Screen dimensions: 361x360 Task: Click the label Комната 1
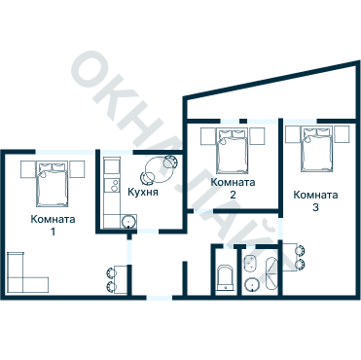coord(53,225)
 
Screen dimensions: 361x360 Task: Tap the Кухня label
coord(143,192)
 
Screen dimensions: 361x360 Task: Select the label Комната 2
coord(233,188)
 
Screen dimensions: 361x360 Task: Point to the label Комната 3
coord(315,201)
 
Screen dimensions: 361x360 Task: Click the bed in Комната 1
coord(53,185)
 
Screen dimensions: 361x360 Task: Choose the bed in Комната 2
coord(233,152)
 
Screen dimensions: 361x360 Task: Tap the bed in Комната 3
coord(317,150)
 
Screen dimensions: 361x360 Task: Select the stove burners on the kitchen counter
coord(114,186)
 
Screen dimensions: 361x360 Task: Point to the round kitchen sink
coord(128,222)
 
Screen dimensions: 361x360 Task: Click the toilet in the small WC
coord(225,278)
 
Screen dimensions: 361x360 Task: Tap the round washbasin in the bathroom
coord(252,284)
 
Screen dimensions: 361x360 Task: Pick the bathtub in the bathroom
coord(271,274)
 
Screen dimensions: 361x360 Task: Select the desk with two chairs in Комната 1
coord(117,279)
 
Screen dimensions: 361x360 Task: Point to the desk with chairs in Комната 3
coord(294,257)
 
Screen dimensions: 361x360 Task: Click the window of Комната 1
coord(65,152)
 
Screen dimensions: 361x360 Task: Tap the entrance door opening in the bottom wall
coord(160,298)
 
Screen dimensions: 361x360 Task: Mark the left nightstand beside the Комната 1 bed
coord(27,169)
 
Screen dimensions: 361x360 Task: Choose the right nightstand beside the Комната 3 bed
coord(342,134)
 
